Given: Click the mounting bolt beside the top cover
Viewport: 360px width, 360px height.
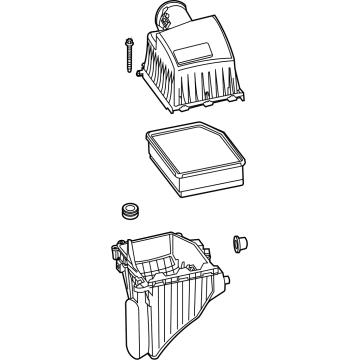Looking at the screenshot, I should click(130, 55).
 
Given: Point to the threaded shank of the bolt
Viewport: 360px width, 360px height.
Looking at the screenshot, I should click(131, 62).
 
